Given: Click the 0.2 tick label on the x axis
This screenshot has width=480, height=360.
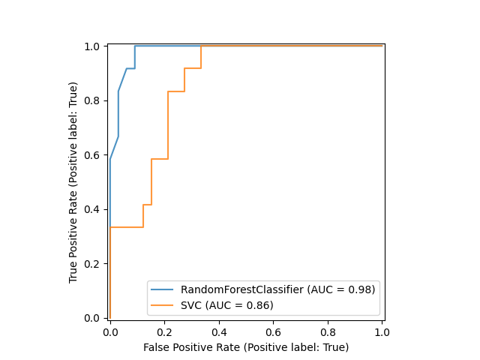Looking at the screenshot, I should click(x=164, y=331).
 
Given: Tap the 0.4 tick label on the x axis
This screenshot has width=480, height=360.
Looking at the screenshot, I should click(x=219, y=331).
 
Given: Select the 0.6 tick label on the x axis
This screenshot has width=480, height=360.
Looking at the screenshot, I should click(x=273, y=331).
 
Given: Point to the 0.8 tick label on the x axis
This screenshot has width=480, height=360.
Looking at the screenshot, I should click(x=328, y=331).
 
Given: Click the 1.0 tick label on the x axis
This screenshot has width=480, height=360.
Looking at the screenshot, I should click(x=382, y=331).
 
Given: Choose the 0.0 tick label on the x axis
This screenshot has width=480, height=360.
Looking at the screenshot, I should click(x=110, y=331).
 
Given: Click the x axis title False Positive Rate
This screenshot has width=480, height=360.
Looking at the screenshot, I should click(x=246, y=347).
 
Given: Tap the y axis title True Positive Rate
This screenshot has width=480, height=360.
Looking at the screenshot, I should click(x=73, y=182).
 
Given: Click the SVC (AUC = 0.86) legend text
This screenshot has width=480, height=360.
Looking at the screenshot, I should click(x=226, y=304).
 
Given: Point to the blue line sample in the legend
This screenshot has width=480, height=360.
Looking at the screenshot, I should click(x=162, y=289).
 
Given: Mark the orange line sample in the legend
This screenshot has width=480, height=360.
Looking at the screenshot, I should click(x=162, y=304).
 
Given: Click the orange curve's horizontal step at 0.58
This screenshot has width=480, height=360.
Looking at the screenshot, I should click(x=159, y=159).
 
